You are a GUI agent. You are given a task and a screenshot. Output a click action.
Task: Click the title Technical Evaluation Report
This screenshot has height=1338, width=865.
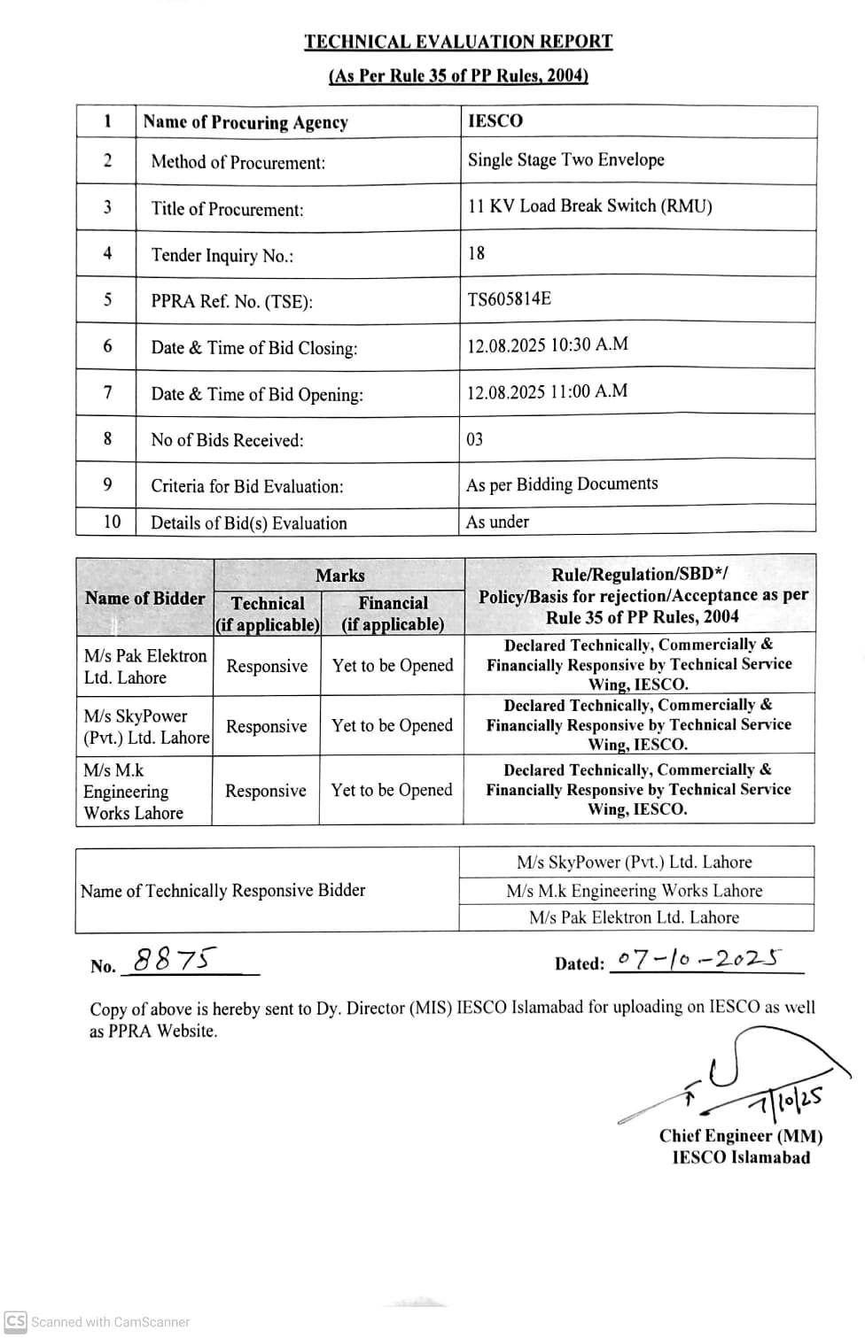click(458, 42)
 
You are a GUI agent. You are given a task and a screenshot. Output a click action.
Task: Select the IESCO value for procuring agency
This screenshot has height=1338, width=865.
click(495, 121)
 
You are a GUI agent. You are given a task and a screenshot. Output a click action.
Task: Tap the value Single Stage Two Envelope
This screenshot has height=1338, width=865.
click(565, 160)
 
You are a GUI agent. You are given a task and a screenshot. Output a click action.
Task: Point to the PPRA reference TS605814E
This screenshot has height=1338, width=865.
click(509, 299)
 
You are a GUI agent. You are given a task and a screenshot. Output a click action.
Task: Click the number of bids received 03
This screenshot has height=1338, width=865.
click(475, 439)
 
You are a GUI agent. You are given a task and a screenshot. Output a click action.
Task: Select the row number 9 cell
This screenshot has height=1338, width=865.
click(107, 484)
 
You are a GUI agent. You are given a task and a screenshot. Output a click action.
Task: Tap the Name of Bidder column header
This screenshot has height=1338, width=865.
click(144, 599)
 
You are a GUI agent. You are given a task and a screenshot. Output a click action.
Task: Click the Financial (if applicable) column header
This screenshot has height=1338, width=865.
click(393, 613)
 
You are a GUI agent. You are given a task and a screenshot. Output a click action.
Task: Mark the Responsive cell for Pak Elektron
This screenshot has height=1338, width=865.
click(267, 666)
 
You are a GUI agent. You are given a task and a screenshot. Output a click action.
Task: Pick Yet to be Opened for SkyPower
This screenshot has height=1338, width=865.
click(392, 726)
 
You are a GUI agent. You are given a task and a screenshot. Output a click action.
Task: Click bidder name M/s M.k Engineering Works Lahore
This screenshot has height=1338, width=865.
click(133, 792)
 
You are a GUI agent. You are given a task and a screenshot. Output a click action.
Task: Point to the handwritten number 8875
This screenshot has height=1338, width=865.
click(175, 959)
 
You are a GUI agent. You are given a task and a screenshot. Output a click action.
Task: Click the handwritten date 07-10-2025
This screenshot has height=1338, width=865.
click(699, 959)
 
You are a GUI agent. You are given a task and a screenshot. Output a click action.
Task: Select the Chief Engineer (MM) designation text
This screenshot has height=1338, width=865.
click(740, 1136)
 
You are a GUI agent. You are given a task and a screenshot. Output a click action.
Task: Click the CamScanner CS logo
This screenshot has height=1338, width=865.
click(15, 1321)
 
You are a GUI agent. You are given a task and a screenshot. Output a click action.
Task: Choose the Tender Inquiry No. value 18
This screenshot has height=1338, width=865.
click(477, 253)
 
